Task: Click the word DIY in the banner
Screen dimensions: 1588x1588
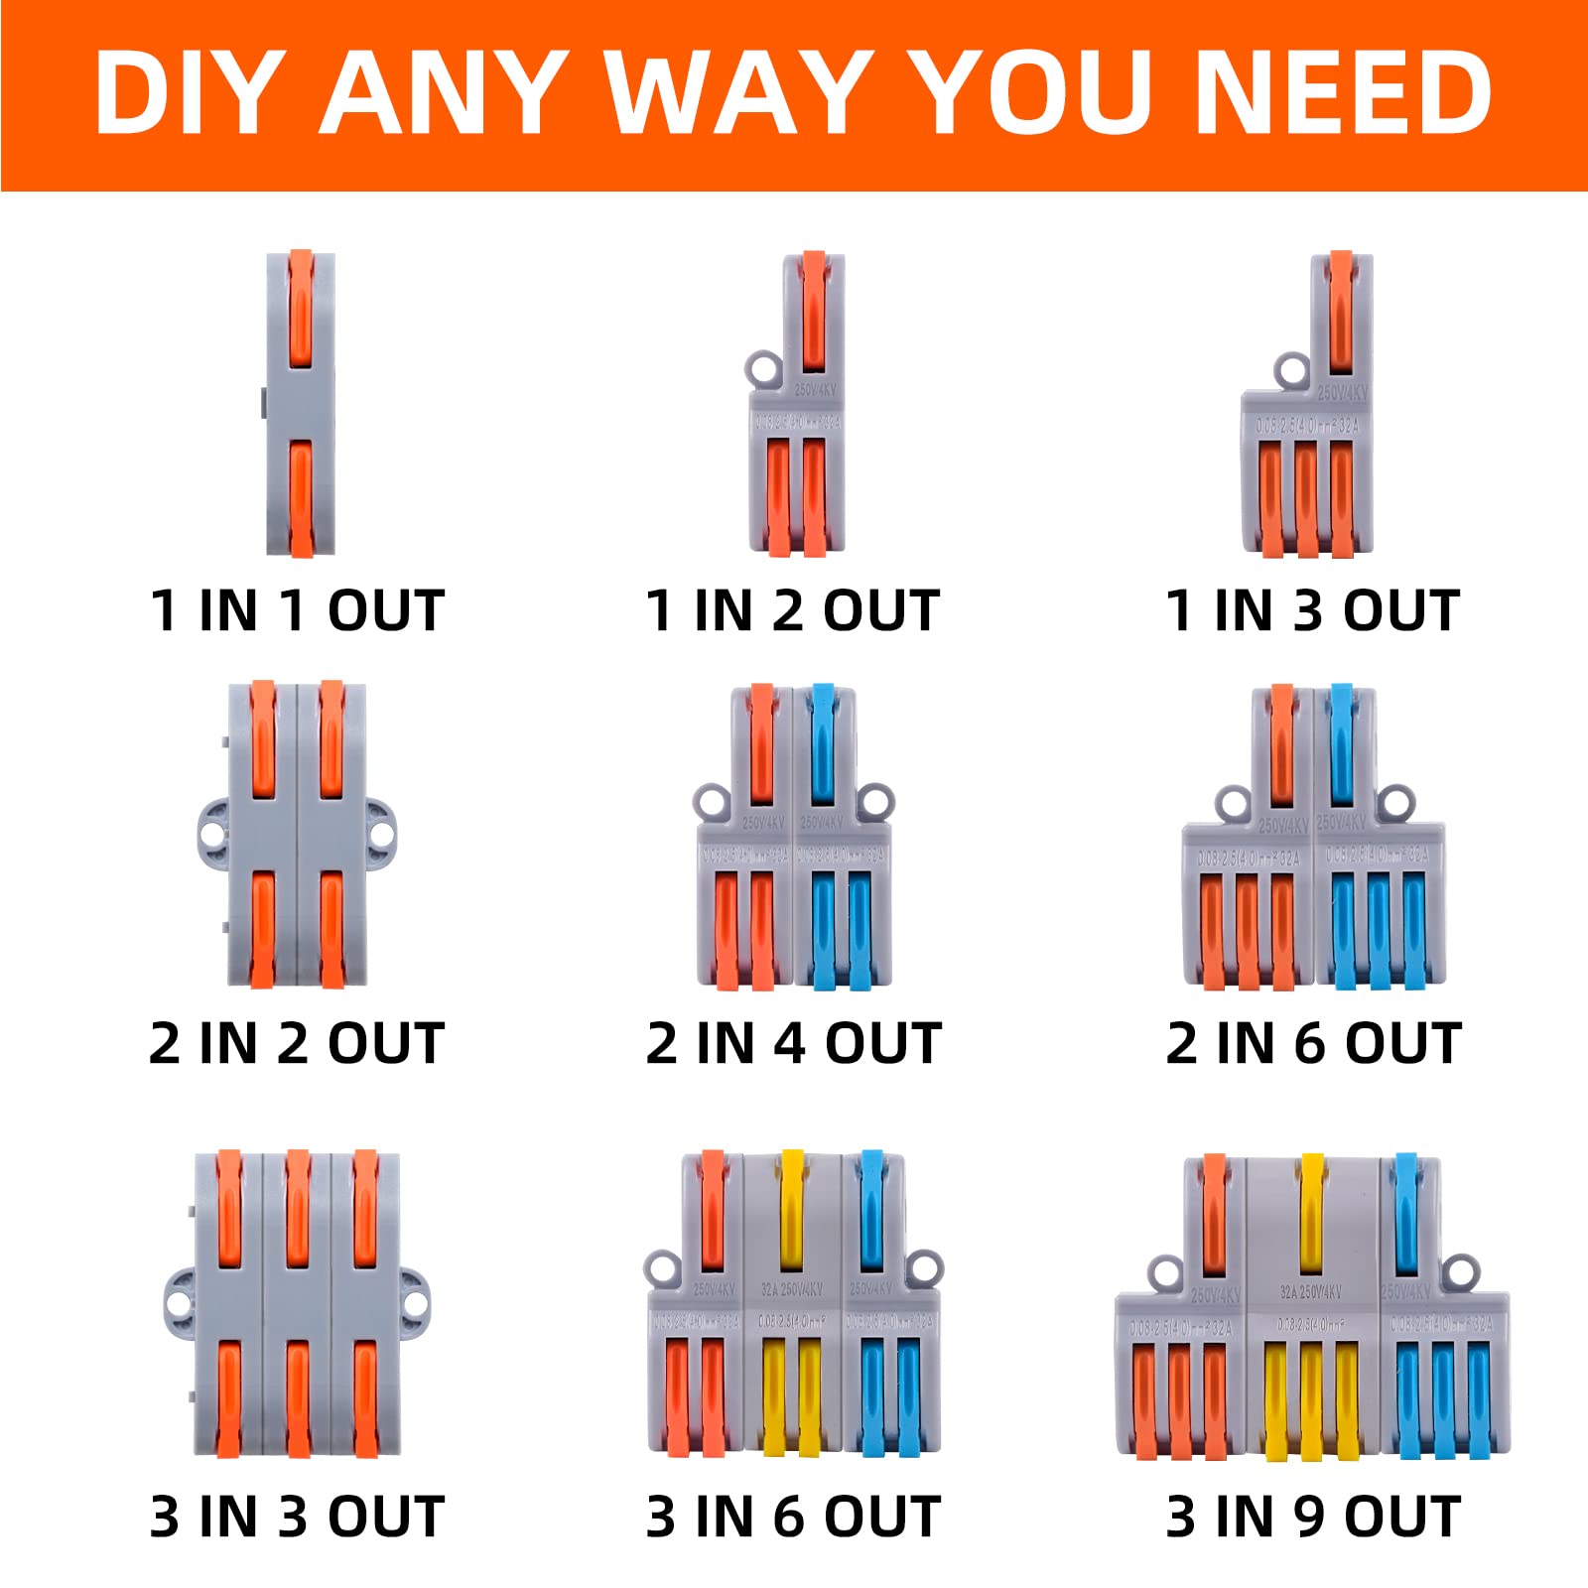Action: [x=189, y=91]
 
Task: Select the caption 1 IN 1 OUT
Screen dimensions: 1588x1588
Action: [x=297, y=609]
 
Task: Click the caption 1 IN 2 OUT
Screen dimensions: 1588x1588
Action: [x=792, y=609]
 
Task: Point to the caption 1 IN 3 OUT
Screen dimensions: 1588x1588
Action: [x=1312, y=609]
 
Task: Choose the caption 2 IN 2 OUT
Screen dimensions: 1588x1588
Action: [x=297, y=1043]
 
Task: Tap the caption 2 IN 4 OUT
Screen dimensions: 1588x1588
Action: [x=793, y=1043]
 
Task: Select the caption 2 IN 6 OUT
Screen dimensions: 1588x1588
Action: [x=1313, y=1043]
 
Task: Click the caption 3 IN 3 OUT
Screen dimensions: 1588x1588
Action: [x=297, y=1517]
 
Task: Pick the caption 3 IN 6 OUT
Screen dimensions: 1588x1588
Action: [x=793, y=1517]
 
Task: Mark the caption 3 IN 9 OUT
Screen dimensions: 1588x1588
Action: [x=1313, y=1517]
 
